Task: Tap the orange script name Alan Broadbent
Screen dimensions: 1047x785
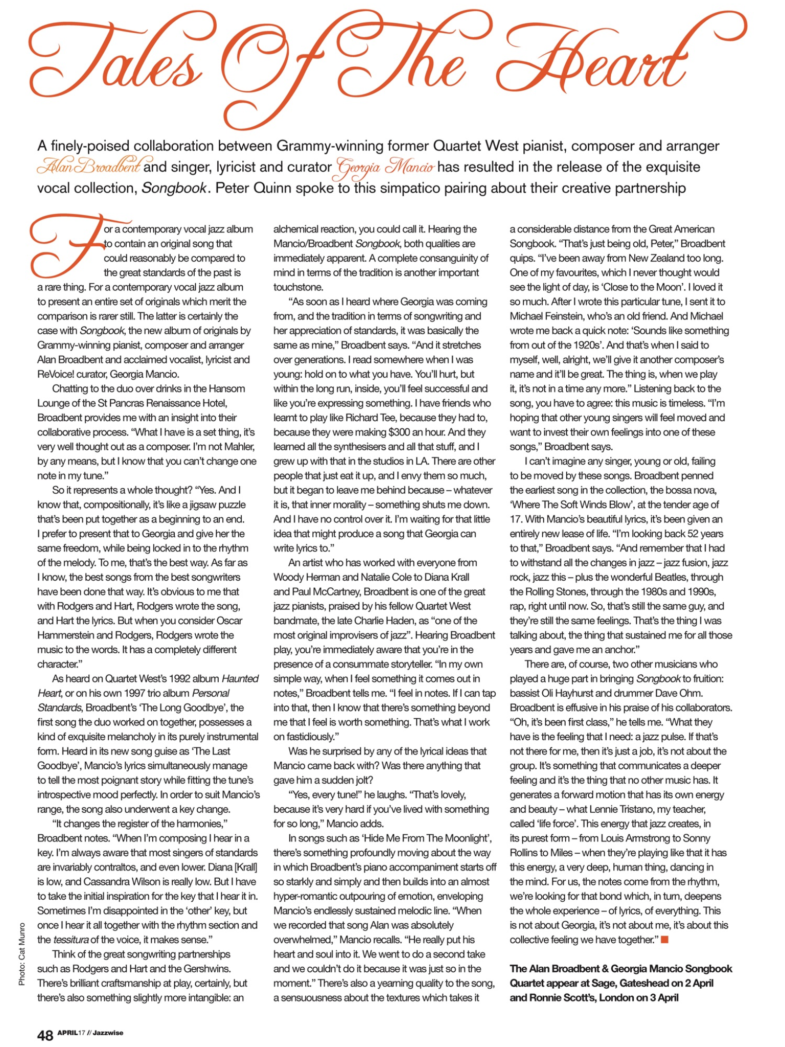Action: click(x=88, y=167)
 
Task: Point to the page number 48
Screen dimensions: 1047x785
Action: click(x=45, y=1035)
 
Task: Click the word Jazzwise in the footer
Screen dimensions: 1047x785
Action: click(x=108, y=1033)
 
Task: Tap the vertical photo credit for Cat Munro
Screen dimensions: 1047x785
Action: click(x=21, y=953)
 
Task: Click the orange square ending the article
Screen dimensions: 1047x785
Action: click(x=665, y=939)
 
